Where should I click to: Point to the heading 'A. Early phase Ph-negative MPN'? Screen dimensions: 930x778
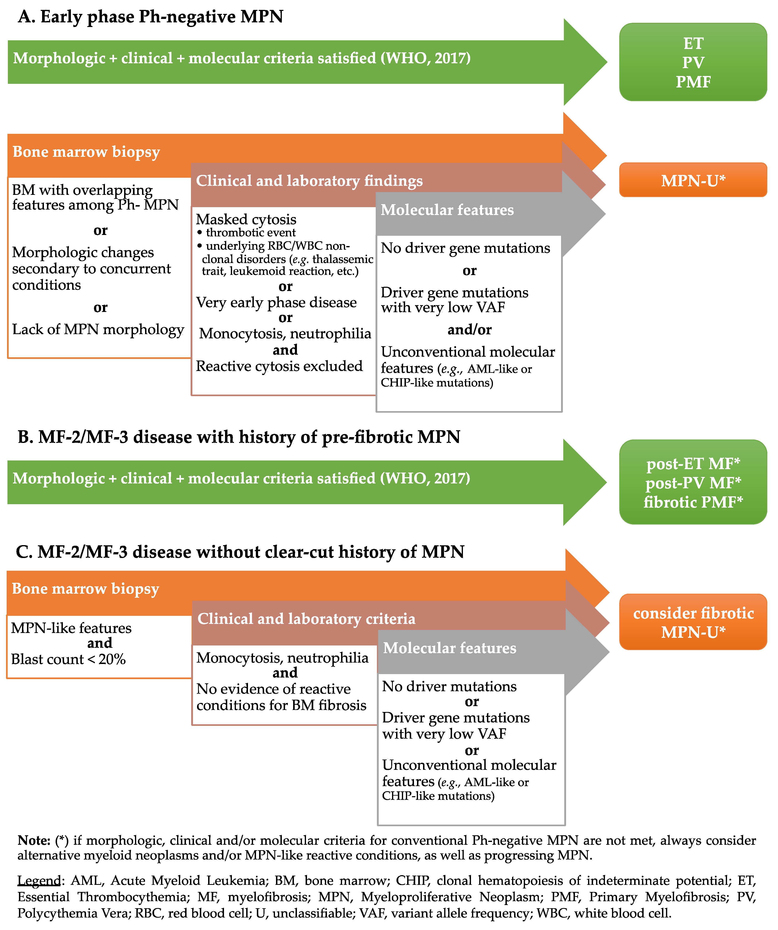coord(150,17)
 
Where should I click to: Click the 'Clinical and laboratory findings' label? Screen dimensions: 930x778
coord(309,181)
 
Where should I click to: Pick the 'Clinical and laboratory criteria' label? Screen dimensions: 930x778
coord(306,619)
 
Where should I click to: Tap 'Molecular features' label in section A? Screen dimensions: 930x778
coord(447,210)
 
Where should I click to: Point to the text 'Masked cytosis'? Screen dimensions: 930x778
coord(246,219)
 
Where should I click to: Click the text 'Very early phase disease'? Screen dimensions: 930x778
coord(276,302)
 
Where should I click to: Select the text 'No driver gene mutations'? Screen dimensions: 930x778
coord(465,248)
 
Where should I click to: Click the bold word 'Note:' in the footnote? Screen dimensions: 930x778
coord(34,841)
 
